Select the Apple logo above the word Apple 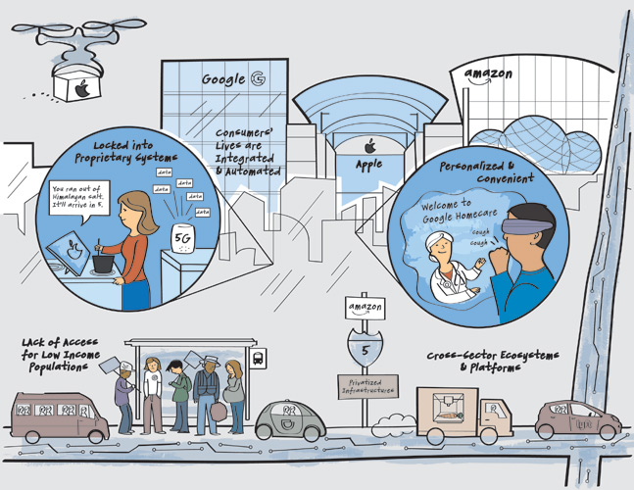coord(369,146)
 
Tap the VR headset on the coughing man coord(527,220)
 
